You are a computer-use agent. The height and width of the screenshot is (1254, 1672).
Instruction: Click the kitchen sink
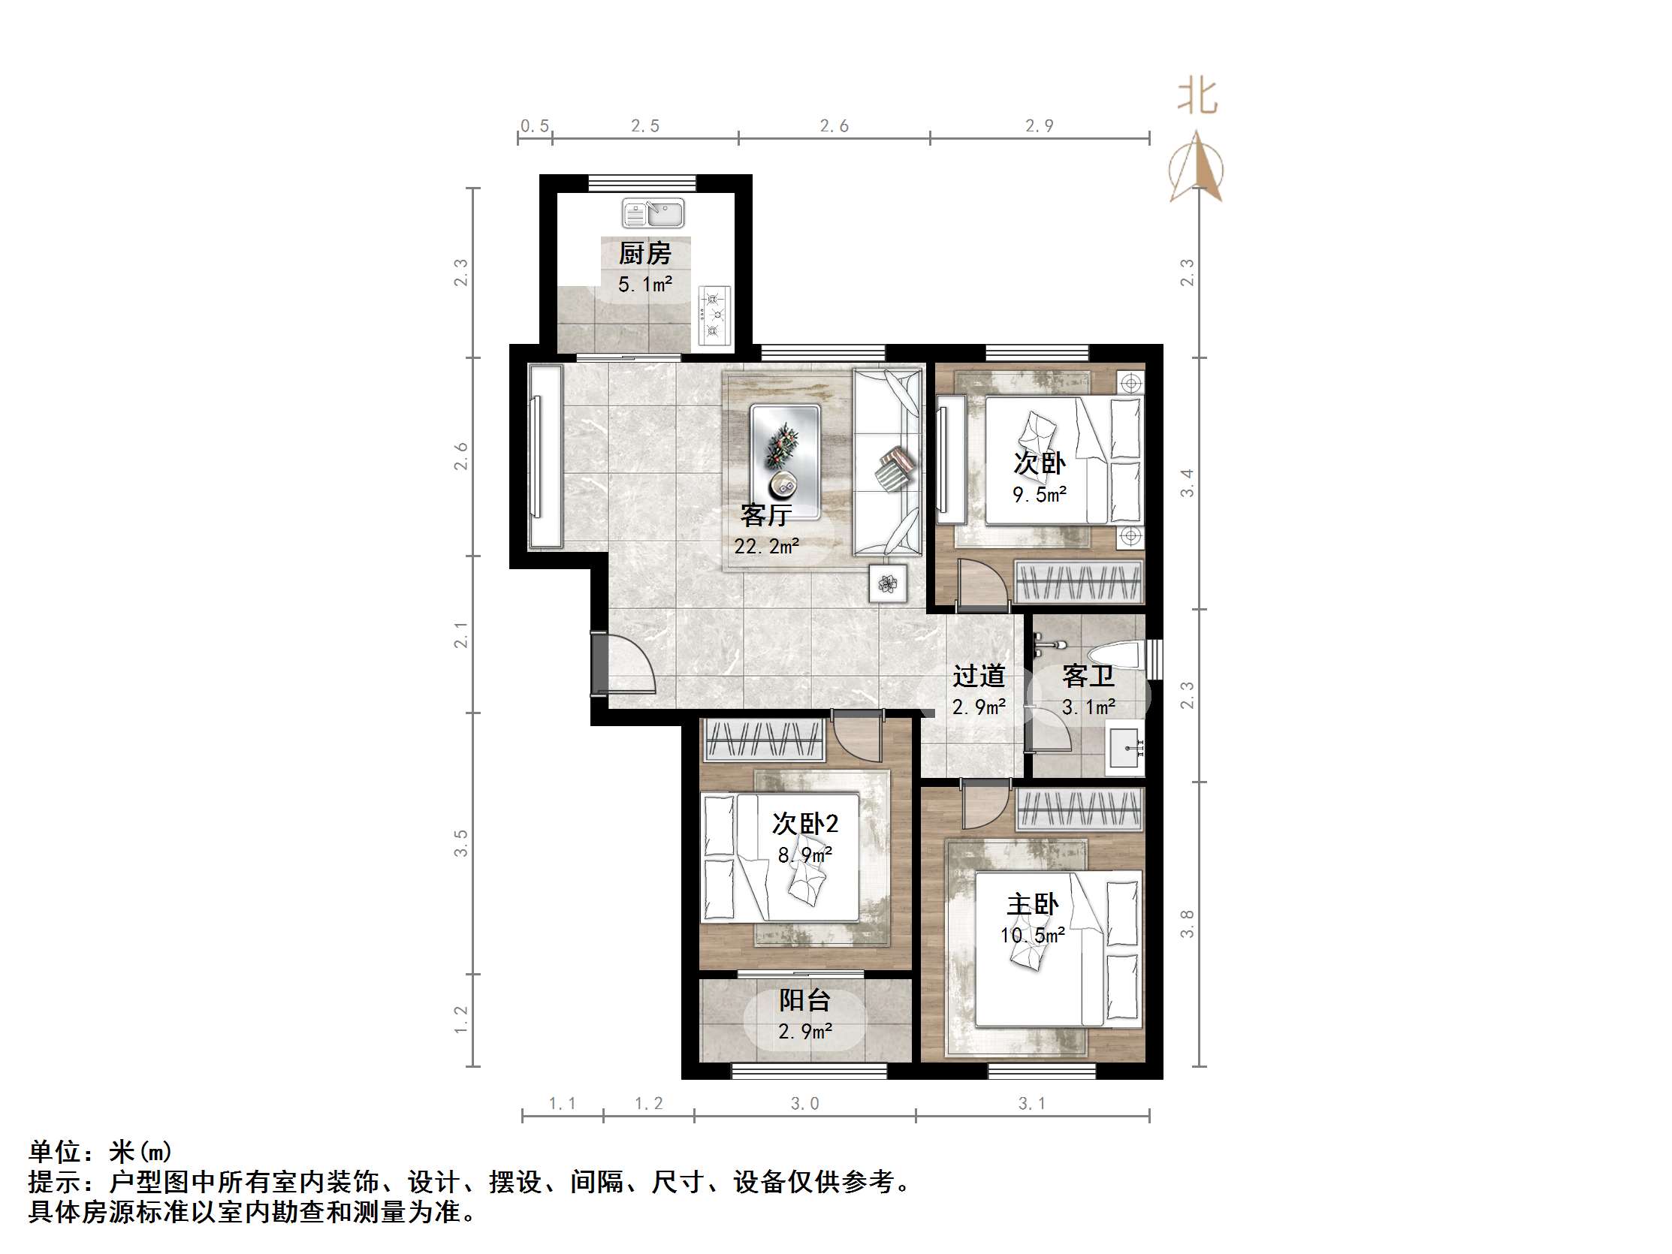(x=652, y=214)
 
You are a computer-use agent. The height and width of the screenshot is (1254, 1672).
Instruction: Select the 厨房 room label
(x=644, y=253)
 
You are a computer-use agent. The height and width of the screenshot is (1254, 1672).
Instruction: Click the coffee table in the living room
(x=785, y=462)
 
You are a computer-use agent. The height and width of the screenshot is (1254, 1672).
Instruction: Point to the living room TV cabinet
(x=545, y=456)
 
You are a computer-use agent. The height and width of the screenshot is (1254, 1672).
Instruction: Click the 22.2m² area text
(x=765, y=546)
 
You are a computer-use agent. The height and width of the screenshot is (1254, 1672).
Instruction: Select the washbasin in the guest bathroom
(x=1125, y=747)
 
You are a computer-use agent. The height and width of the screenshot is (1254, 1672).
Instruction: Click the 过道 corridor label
(x=978, y=676)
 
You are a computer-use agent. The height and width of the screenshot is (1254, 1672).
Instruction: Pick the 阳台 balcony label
(x=805, y=1000)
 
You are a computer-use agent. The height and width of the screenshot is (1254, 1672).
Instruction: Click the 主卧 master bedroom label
(x=1033, y=904)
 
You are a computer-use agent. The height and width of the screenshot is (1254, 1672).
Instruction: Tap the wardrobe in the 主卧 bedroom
(x=1079, y=809)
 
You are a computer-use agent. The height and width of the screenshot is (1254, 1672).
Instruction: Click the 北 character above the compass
(x=1197, y=97)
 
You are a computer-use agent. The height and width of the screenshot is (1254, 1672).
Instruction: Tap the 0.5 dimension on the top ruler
(x=534, y=126)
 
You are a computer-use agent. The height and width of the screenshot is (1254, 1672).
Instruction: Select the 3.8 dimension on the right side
(x=1188, y=924)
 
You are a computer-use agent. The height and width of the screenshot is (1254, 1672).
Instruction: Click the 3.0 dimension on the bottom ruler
(x=804, y=1104)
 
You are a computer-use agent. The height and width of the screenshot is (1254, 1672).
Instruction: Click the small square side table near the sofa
(x=887, y=583)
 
